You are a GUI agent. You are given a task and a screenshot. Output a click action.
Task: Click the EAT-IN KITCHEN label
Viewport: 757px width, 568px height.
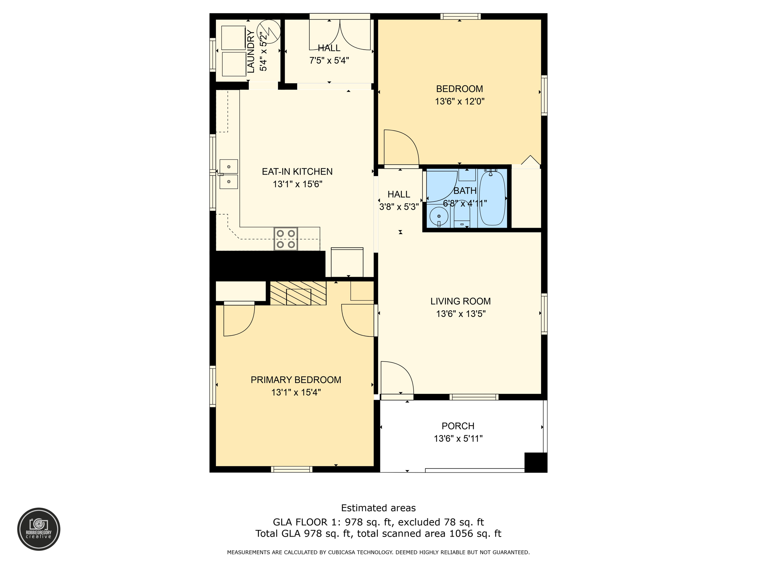[297, 172]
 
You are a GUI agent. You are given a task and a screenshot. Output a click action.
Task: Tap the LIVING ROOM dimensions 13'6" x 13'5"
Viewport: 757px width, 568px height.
[461, 314]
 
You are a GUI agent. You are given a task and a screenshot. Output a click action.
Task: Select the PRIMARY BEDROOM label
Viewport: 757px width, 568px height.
[296, 380]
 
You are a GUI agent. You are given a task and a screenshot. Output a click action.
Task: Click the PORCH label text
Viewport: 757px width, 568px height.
[458, 426]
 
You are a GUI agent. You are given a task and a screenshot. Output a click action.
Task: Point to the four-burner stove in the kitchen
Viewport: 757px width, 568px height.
[286, 239]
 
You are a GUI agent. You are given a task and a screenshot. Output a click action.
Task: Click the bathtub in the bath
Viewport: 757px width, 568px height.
[492, 198]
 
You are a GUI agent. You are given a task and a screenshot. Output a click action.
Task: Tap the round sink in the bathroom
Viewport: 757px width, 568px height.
[439, 216]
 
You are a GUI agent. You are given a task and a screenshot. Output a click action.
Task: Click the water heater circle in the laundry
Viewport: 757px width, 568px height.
[269, 31]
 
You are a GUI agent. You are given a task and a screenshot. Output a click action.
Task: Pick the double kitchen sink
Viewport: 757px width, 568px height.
[229, 174]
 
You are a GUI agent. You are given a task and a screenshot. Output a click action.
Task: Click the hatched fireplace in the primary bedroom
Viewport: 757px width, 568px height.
[298, 293]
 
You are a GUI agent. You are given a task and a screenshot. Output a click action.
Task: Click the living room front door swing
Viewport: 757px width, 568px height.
[396, 378]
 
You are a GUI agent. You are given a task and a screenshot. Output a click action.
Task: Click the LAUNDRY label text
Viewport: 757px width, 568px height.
[251, 52]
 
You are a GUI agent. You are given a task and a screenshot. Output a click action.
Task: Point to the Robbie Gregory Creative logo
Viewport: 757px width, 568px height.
[39, 529]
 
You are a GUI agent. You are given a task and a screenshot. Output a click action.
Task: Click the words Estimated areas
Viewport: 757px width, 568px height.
[378, 508]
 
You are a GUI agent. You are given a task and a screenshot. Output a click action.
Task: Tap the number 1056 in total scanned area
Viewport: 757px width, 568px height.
[457, 534]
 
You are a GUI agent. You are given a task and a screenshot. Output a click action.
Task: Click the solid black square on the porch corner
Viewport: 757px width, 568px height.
[536, 462]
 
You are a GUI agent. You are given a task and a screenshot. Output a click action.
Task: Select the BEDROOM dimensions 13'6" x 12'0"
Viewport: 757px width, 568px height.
[459, 101]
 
